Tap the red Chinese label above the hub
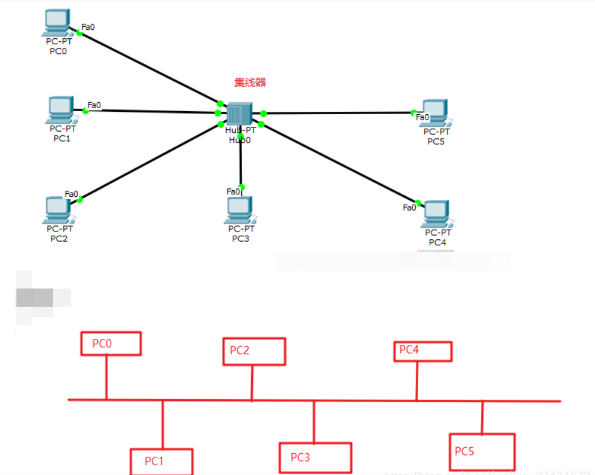point(250,83)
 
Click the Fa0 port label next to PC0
point(88,27)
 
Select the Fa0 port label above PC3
point(233,192)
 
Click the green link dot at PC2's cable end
point(80,199)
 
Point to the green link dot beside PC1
point(86,111)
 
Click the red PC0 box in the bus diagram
point(111,343)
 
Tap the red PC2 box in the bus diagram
point(253,350)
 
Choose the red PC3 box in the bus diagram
point(315,457)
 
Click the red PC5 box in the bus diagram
point(481,451)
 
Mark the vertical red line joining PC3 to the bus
point(314,422)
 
